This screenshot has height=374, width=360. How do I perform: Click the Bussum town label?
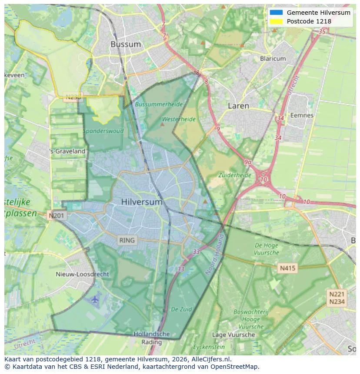[125, 44]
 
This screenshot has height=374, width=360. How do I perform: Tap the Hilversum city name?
[142, 202]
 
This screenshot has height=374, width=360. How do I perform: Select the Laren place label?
[238, 106]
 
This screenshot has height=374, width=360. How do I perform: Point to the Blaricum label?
[273, 59]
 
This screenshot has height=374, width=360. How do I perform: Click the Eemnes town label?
[302, 116]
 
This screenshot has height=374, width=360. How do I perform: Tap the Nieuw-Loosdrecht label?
[83, 274]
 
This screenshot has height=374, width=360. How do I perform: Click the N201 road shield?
[57, 215]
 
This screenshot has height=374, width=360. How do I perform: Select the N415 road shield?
[287, 268]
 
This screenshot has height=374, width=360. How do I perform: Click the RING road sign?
[127, 240]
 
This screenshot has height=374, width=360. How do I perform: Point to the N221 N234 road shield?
[337, 298]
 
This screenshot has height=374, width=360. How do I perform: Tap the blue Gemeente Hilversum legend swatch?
[276, 13]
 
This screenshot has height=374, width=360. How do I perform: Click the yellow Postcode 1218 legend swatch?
[276, 21]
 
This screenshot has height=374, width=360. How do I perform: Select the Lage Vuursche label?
[233, 334]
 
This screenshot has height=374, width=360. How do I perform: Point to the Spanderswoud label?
[103, 131]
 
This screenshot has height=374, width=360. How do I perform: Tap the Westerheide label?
[179, 119]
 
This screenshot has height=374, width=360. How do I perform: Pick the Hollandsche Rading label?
[151, 338]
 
